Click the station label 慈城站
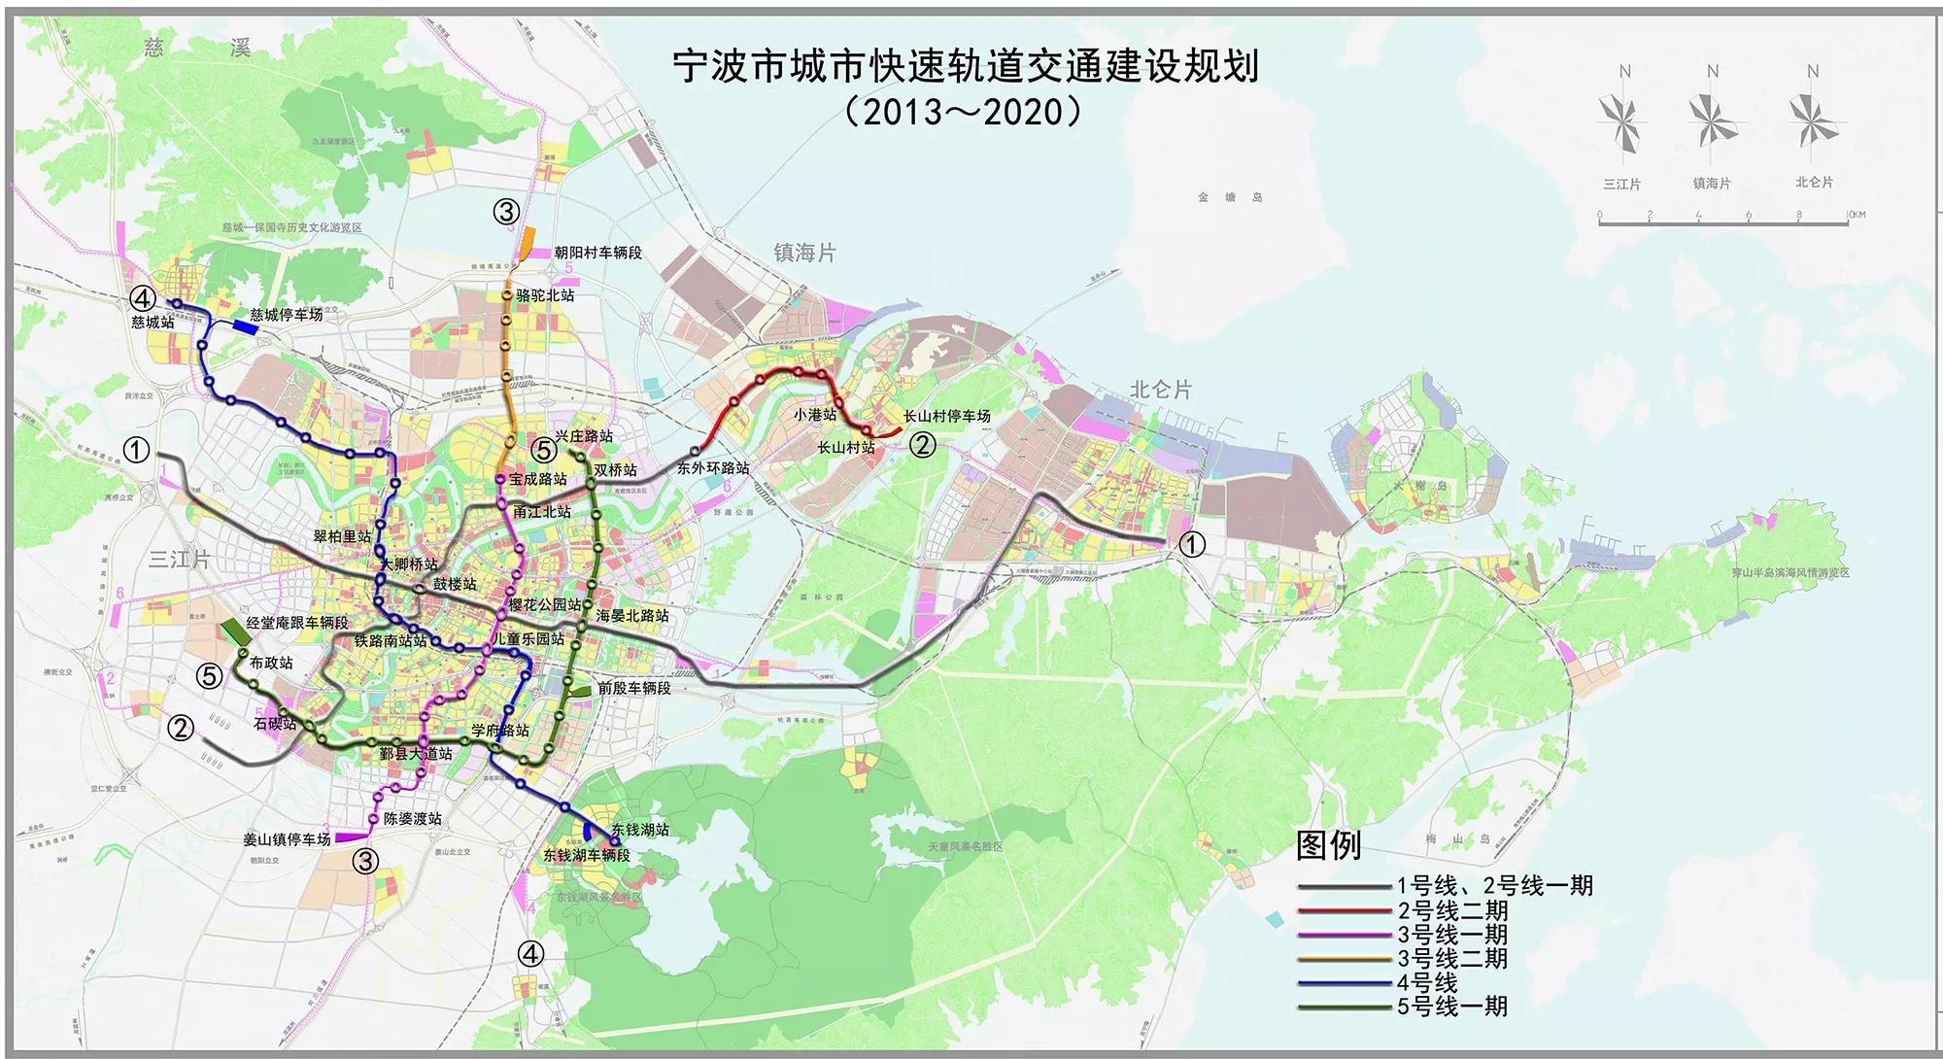tap(153, 322)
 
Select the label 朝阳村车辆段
tap(597, 253)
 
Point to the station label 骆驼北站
tap(545, 295)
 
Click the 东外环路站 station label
tap(713, 468)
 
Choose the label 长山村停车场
tap(946, 417)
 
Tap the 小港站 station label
tap(814, 415)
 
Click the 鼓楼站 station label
tap(455, 584)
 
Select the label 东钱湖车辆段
tap(587, 856)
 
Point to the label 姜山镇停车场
tap(287, 839)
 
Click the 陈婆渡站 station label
tap(413, 819)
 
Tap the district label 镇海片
tap(804, 254)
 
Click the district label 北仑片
tap(1160, 390)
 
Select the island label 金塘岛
tap(1230, 197)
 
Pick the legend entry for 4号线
tap(1427, 983)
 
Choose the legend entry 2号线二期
tap(1452, 911)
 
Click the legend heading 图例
tap(1328, 845)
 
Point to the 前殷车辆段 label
tap(633, 688)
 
